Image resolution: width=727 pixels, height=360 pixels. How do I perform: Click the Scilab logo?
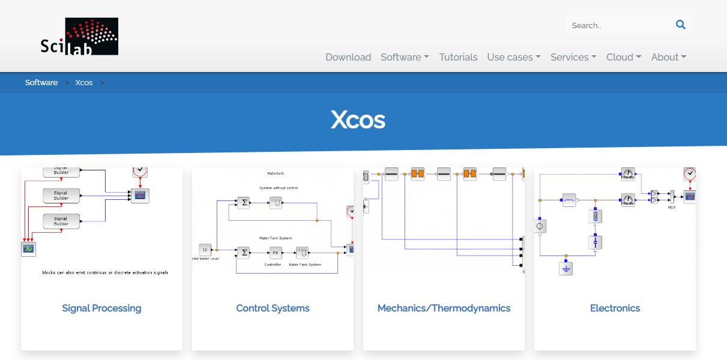click(79, 37)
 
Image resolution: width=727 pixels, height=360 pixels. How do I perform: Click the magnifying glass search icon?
click(680, 25)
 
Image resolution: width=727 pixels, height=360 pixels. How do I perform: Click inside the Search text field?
click(618, 26)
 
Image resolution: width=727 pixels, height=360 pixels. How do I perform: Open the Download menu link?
click(348, 58)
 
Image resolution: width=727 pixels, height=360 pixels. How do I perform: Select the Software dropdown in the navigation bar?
click(405, 58)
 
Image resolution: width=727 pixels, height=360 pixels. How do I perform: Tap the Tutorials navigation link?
click(458, 58)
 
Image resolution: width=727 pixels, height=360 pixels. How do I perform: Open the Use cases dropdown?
click(513, 58)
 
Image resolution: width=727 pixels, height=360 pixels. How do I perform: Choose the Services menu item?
click(573, 58)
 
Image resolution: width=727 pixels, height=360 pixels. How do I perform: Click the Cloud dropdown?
click(624, 58)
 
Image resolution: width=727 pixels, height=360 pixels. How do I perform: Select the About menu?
click(669, 58)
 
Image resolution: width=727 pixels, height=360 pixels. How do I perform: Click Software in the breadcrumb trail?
click(41, 83)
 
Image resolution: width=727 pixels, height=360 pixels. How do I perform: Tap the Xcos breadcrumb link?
click(84, 83)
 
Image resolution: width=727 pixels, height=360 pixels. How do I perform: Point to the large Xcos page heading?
click(358, 121)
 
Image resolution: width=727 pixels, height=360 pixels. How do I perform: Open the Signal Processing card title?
click(101, 308)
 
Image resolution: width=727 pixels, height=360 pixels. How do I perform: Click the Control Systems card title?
click(273, 308)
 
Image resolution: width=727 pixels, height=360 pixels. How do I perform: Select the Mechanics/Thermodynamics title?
click(444, 308)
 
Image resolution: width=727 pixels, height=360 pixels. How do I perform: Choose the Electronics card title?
click(615, 308)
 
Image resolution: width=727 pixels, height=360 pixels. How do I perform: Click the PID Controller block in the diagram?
click(275, 253)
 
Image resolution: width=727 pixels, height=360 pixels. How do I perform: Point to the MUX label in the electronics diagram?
click(672, 207)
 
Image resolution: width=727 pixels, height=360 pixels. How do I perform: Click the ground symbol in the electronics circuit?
click(566, 268)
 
